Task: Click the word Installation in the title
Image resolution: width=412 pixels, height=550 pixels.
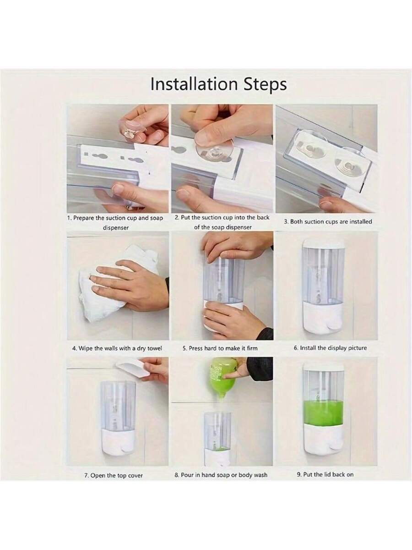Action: point(194,84)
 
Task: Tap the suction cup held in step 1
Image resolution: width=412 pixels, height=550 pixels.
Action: point(132,129)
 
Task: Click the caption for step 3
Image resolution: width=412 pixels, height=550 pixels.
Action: point(328,222)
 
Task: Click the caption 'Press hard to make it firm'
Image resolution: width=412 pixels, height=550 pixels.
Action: point(220,348)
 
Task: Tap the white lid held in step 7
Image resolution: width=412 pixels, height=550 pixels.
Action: point(133,369)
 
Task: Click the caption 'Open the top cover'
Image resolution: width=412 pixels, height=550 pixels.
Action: point(114,476)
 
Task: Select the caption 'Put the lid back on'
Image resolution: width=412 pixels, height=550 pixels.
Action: point(325,474)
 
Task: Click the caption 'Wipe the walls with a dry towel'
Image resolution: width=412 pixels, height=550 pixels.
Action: point(117,348)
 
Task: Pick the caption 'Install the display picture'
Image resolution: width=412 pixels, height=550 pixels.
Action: point(330,348)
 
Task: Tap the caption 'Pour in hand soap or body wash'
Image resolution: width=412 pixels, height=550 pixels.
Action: point(221,475)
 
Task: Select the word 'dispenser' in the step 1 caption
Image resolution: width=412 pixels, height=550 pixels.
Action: point(116,228)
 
